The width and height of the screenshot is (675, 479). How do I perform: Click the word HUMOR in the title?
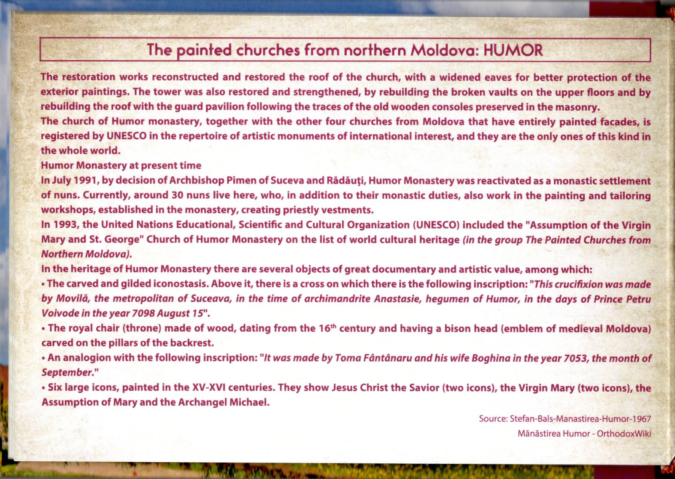click(513, 50)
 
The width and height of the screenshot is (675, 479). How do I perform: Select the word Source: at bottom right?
click(493, 419)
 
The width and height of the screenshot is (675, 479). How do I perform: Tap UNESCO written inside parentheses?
click(437, 225)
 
